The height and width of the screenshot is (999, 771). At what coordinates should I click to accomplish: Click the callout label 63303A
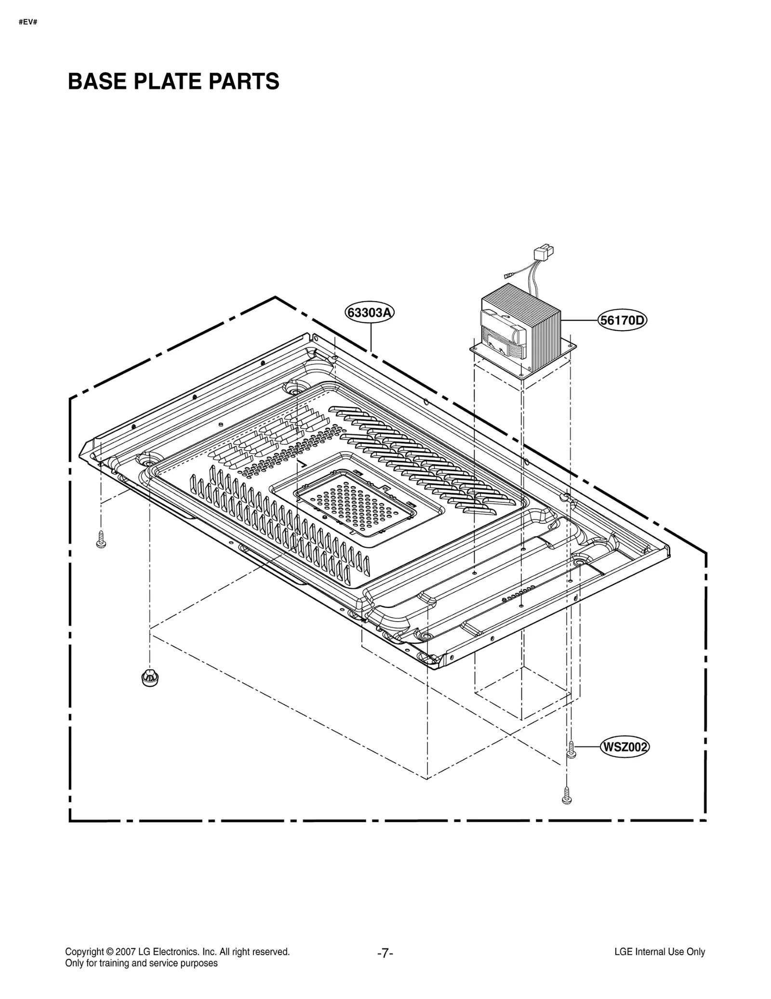point(370,313)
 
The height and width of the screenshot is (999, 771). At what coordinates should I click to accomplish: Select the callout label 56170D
point(622,320)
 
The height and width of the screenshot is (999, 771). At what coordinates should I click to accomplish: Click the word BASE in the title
point(97,81)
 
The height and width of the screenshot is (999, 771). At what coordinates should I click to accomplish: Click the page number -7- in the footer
point(385,953)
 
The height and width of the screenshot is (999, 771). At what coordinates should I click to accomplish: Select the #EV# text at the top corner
point(28,23)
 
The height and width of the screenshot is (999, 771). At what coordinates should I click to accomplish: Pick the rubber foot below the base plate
point(150,677)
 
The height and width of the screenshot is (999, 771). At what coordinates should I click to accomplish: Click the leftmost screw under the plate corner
point(101,539)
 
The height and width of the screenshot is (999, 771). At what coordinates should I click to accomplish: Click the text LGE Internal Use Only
point(660,952)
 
